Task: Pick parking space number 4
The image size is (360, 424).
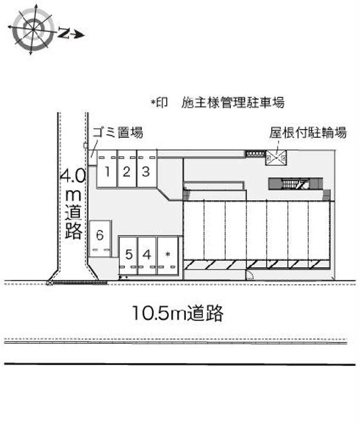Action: (x=148, y=256)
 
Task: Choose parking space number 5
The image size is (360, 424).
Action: (x=129, y=256)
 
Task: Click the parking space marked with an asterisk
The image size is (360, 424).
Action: (x=168, y=256)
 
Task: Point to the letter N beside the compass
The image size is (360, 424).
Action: (x=63, y=33)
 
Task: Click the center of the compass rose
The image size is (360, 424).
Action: (x=33, y=29)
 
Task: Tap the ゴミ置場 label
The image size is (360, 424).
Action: (x=118, y=132)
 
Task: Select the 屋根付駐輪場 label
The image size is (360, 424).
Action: (x=308, y=132)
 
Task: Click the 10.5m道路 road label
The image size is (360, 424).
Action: (x=178, y=313)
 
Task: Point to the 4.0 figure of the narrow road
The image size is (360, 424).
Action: (x=72, y=176)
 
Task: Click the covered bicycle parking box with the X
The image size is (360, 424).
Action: (x=276, y=157)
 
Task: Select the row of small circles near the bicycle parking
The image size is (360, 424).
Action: (x=255, y=154)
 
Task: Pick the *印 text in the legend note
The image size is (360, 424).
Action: (x=159, y=102)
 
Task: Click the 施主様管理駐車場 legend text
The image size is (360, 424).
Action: (x=233, y=102)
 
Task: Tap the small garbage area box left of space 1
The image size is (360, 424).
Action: (x=92, y=158)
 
